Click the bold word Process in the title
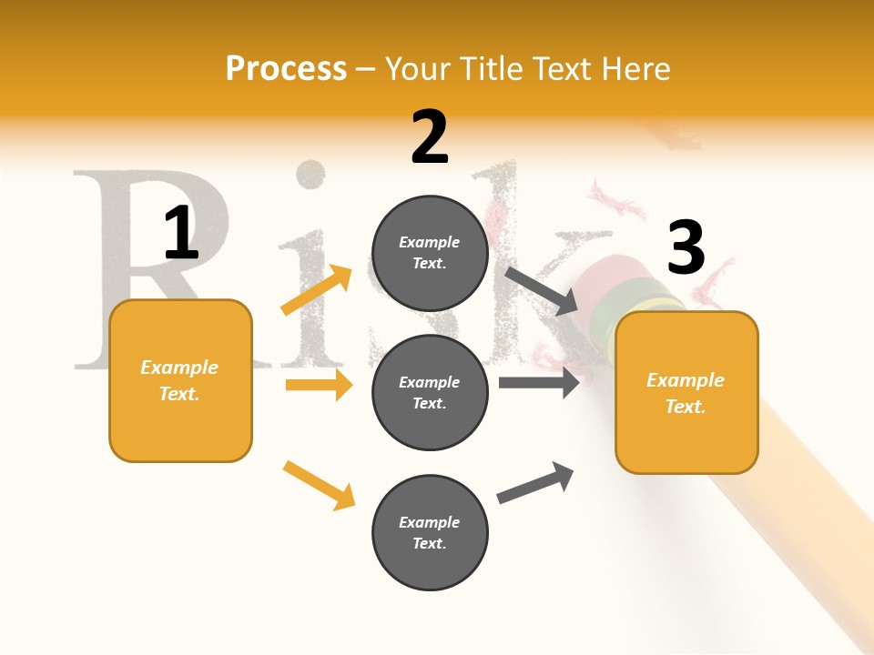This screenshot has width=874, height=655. [286, 69]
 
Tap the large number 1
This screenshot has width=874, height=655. [180, 233]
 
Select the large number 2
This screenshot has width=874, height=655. [430, 137]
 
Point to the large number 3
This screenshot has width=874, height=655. [686, 248]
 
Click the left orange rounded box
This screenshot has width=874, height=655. [180, 380]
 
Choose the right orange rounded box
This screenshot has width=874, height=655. [686, 392]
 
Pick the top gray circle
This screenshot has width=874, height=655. [430, 253]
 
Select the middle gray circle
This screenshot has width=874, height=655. [430, 392]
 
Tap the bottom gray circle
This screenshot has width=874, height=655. [430, 532]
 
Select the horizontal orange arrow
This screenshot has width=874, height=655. [319, 385]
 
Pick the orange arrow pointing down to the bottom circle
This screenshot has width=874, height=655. [320, 484]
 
